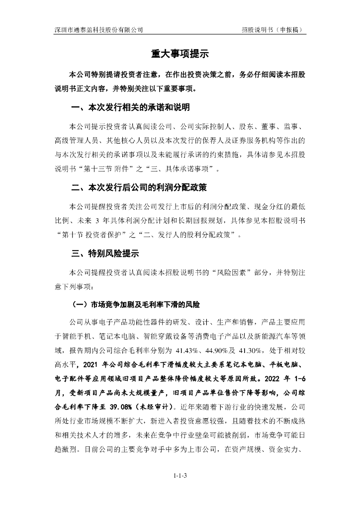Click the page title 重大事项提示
(x=180, y=54)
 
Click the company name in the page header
(x=99, y=29)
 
